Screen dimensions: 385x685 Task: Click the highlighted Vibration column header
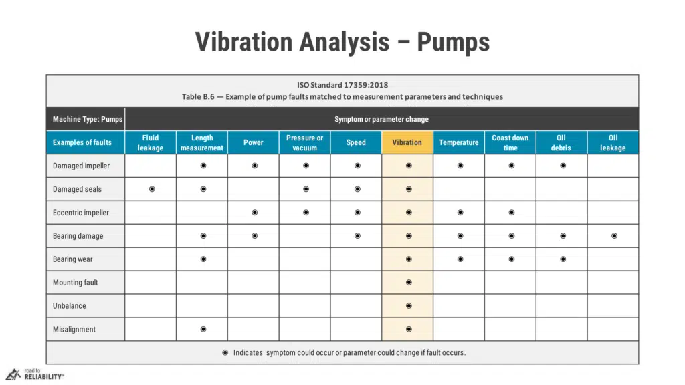click(x=407, y=142)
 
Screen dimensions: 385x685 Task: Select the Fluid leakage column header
click(x=151, y=142)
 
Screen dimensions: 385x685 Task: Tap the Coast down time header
click(x=510, y=142)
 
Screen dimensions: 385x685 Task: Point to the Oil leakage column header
click(x=613, y=142)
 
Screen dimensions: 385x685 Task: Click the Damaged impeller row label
click(x=81, y=166)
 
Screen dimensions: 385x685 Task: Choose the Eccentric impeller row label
click(x=81, y=213)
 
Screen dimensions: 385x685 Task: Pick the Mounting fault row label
click(x=76, y=283)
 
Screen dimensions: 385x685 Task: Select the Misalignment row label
click(x=74, y=329)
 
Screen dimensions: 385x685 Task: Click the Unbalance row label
click(x=70, y=306)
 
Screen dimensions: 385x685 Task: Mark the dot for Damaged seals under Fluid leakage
click(x=152, y=189)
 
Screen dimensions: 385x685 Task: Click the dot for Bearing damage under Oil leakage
click(x=614, y=236)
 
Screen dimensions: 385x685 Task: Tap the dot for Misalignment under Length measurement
click(x=203, y=329)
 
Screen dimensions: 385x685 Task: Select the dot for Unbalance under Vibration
click(x=409, y=306)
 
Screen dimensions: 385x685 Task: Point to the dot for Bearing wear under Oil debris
click(x=563, y=259)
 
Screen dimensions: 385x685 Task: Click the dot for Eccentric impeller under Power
click(x=255, y=213)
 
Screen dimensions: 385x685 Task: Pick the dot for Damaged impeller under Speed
click(x=357, y=166)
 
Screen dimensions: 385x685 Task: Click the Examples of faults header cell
click(x=82, y=142)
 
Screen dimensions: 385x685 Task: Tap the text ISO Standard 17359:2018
click(x=342, y=85)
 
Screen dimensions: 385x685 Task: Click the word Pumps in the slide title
click(x=454, y=42)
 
